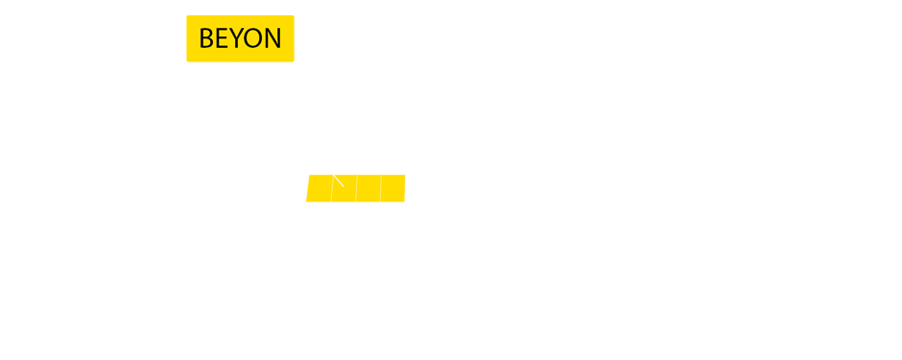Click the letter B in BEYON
tap(205, 39)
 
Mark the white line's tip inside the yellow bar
tap(344, 185)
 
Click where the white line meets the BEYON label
tap(235, 62)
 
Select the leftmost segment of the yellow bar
tap(320, 189)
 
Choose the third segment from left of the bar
tap(368, 189)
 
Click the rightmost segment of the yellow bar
tap(393, 189)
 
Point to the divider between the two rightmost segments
tap(381, 189)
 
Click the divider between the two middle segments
tap(356, 189)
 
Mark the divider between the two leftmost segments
tap(332, 189)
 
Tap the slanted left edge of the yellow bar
tap(307, 189)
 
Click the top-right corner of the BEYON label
tap(294, 15)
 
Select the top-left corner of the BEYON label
tap(187, 15)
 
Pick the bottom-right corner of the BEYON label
tap(294, 61)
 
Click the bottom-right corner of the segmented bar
tap(405, 202)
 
